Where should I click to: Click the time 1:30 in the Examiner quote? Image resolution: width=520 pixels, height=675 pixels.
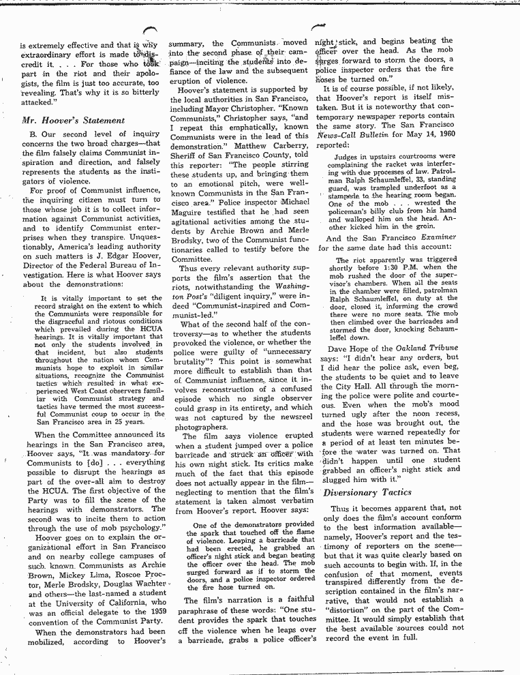coord(405,267)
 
